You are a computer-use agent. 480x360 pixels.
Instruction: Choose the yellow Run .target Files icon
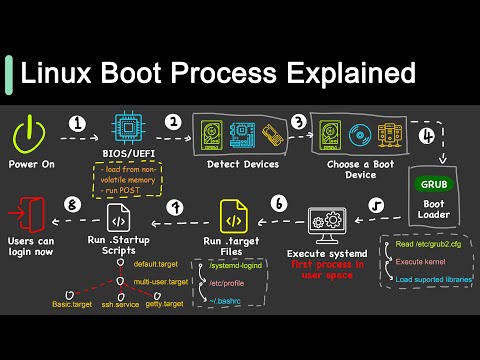[233, 218]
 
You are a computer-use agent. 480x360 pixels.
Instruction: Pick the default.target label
[160, 265]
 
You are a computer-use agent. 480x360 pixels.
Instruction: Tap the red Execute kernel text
[421, 262]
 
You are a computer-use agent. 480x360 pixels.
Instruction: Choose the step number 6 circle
[277, 205]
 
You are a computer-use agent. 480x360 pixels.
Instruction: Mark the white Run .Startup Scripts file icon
[117, 218]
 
